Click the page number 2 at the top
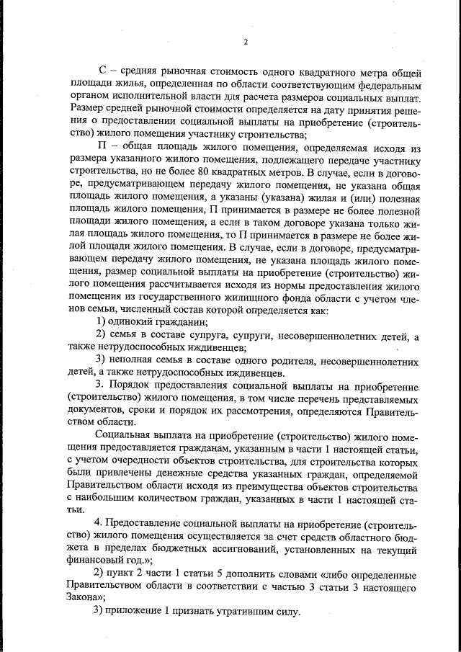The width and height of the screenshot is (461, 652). [x=245, y=41]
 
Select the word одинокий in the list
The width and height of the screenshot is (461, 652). [x=134, y=322]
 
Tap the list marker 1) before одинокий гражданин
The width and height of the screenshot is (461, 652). [x=102, y=322]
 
